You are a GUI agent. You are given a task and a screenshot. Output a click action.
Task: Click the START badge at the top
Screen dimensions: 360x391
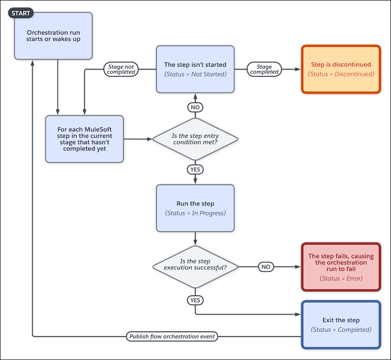[x=20, y=13]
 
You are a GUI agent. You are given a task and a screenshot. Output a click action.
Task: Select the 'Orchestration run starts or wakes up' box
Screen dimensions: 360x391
[x=54, y=37]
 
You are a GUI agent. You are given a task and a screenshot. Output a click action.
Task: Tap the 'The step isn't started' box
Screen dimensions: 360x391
[x=195, y=69]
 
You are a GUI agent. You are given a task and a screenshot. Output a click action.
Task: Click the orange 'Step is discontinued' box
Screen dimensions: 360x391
[x=341, y=69]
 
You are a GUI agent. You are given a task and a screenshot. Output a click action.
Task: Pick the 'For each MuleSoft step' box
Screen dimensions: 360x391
[x=85, y=139]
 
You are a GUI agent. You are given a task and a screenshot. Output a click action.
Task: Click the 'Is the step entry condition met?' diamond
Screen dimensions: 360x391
[x=195, y=139]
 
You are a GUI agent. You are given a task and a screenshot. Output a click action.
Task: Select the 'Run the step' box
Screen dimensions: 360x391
[x=195, y=208]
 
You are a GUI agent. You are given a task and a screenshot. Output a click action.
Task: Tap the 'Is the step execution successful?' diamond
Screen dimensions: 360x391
[x=195, y=267]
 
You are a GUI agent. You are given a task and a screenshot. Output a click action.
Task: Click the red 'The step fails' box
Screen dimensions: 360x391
[x=341, y=266]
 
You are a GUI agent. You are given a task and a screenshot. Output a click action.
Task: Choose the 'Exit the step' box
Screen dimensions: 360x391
[x=341, y=324]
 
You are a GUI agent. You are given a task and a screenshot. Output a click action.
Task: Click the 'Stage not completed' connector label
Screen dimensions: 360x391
[x=121, y=70]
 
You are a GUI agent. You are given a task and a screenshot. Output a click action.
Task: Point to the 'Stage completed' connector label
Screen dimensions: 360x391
[x=264, y=70]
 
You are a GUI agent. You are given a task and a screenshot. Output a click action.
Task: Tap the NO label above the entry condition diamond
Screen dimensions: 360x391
[x=195, y=107]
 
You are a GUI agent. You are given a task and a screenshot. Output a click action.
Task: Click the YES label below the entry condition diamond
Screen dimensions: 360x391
[x=195, y=169]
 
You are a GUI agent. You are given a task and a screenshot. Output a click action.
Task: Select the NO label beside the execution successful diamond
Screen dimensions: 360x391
[x=266, y=267]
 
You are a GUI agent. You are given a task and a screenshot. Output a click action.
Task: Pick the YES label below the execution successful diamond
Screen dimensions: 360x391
[x=195, y=301]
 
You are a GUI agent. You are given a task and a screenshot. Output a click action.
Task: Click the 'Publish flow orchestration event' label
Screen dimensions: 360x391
[x=173, y=337]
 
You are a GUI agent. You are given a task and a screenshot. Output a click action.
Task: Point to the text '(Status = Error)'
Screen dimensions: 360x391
[x=341, y=278]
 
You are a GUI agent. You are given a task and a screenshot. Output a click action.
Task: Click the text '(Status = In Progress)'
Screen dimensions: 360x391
[x=195, y=213]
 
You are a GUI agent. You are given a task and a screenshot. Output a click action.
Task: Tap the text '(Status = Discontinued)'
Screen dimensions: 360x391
[x=341, y=74]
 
